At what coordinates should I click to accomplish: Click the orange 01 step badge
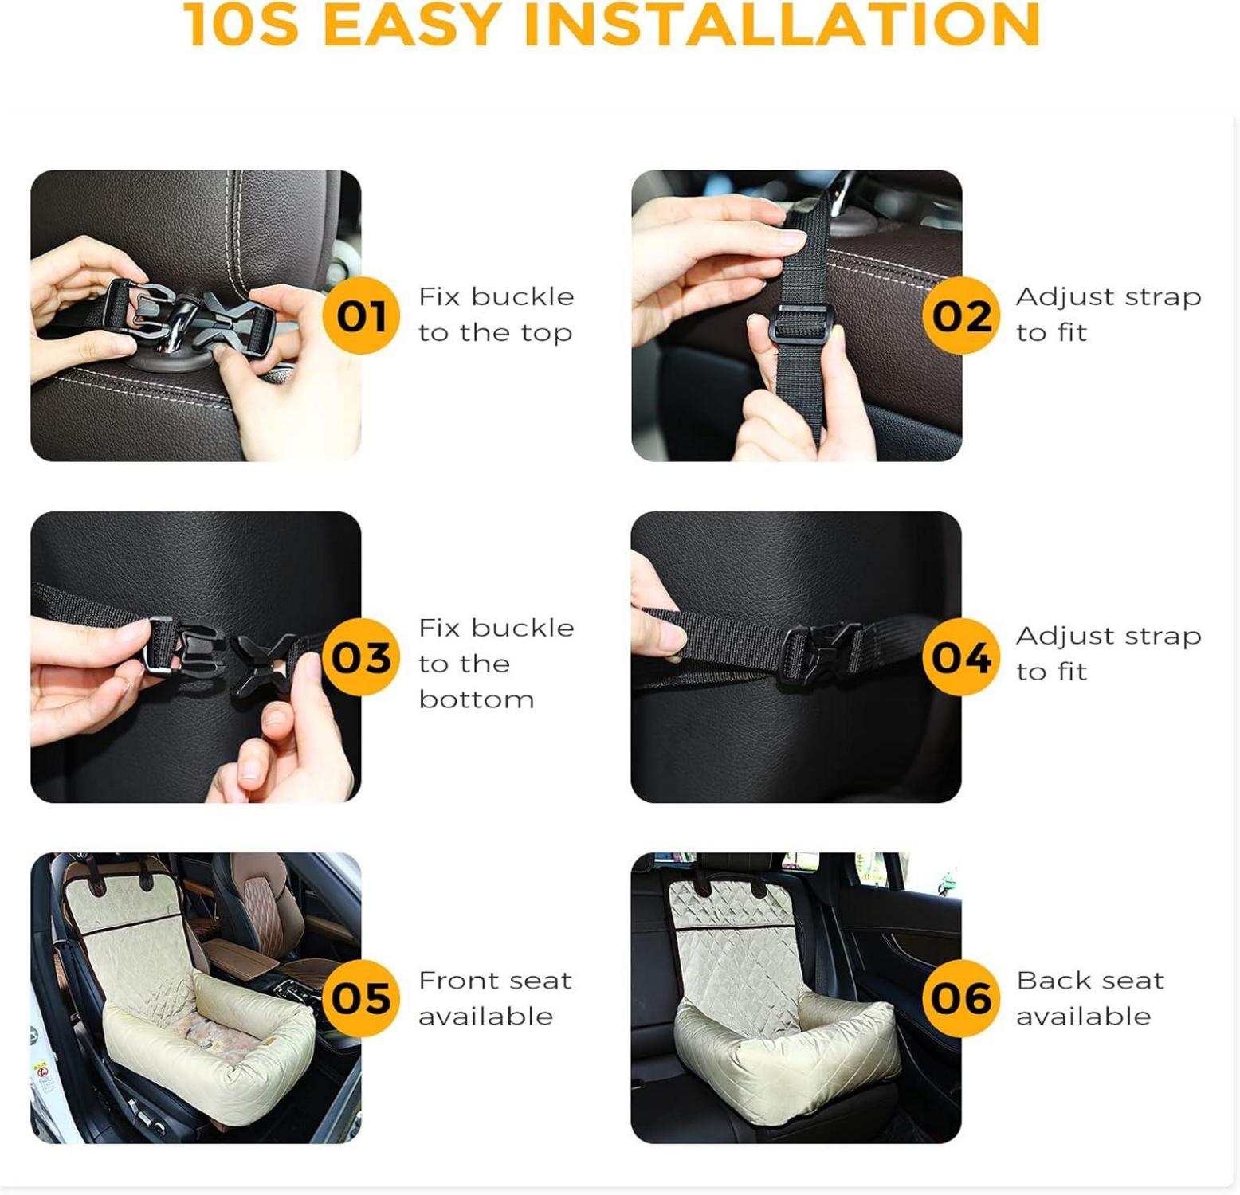tap(361, 315)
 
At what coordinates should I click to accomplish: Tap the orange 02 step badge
tap(961, 315)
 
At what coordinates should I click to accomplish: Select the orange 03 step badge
tap(361, 656)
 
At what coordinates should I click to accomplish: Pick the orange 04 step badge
tap(961, 656)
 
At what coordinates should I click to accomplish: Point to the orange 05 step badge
tap(361, 997)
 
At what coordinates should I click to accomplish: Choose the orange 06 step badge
tap(961, 997)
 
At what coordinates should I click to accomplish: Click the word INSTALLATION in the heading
tap(782, 25)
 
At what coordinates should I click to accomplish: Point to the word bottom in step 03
tap(477, 699)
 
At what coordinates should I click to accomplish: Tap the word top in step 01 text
tap(547, 333)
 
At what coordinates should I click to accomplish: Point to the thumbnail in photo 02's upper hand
tap(792, 237)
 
